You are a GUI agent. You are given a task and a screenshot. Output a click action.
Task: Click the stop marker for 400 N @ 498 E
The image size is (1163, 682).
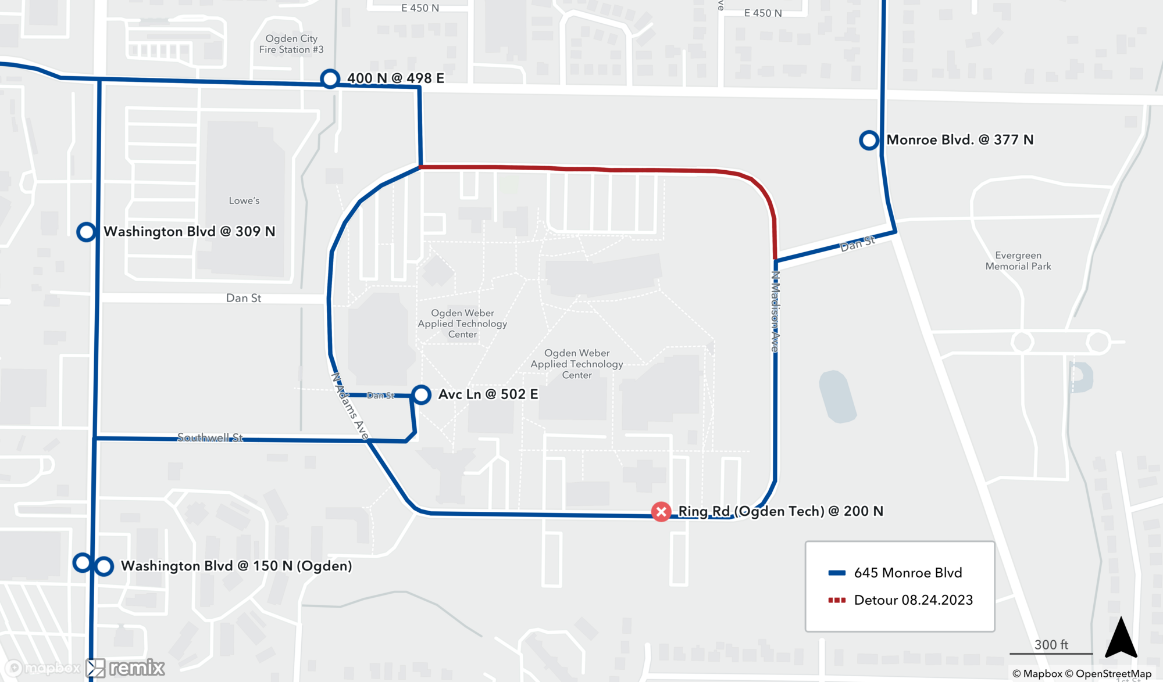330,78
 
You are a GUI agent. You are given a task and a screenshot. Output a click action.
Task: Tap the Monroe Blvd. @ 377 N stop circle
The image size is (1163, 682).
869,140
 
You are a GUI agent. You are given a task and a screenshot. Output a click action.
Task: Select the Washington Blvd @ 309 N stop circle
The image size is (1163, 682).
86,232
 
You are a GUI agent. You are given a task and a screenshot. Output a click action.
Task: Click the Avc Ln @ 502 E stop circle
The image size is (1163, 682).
421,395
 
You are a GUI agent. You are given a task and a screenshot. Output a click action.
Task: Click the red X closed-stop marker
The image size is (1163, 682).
661,512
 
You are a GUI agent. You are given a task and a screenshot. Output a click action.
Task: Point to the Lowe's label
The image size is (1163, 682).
244,201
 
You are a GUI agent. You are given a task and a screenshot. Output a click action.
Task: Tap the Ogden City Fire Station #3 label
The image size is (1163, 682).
291,44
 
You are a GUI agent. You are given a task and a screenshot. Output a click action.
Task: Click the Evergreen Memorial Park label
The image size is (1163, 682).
1018,261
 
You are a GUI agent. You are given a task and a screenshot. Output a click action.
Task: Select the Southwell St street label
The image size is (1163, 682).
210,437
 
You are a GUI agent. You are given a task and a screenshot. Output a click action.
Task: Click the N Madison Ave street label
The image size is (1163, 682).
775,311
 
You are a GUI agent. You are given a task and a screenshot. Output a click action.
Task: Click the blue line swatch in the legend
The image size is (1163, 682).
836,573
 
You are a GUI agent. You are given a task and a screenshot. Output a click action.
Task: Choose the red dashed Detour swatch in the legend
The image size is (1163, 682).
836,600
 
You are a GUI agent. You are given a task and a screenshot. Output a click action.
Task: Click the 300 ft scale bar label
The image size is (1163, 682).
1051,645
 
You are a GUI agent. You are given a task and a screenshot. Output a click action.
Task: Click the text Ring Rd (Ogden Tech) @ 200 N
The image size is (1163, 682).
780,511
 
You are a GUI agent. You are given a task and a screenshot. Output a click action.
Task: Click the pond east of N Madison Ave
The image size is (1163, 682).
837,396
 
